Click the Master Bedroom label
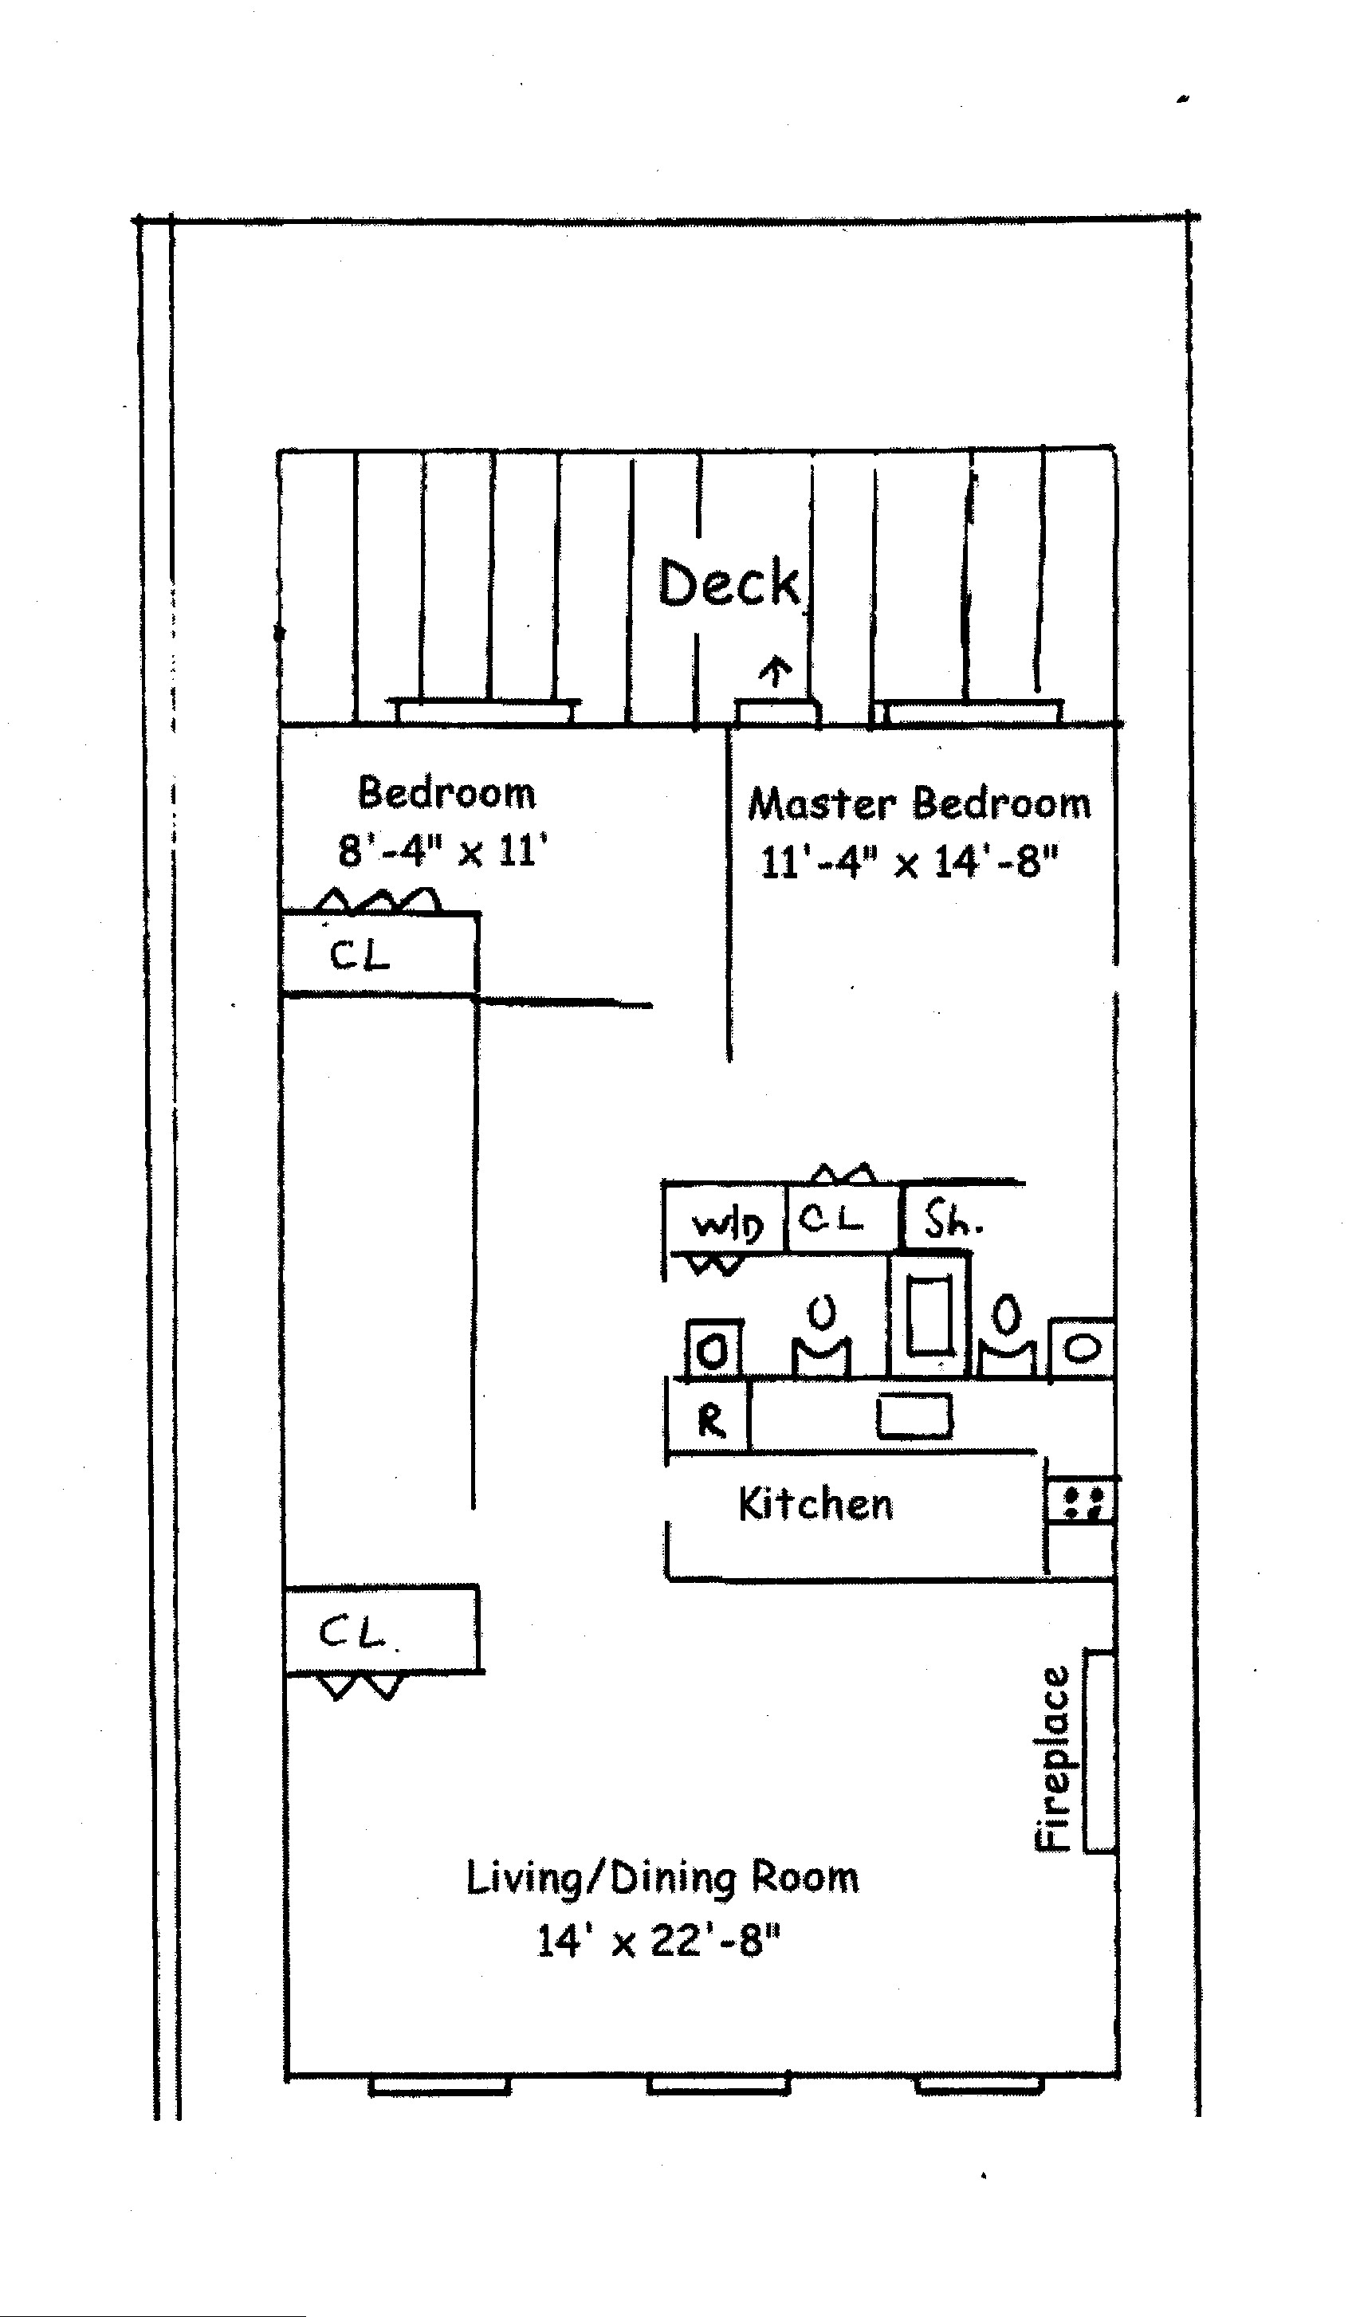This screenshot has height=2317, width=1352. (919, 803)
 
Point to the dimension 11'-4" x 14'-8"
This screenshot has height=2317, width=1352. (909, 862)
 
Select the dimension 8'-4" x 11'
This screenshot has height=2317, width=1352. (442, 851)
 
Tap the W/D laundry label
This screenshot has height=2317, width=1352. (726, 1225)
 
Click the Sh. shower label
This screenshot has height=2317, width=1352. (953, 1221)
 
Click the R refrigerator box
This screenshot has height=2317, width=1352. (710, 1420)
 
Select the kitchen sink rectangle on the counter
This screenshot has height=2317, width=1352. (914, 1416)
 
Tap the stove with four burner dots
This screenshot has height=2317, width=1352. (1082, 1502)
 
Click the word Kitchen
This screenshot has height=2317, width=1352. (815, 1504)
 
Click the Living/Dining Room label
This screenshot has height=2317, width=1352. (662, 1878)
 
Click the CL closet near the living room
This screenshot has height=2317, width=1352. (352, 1632)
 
